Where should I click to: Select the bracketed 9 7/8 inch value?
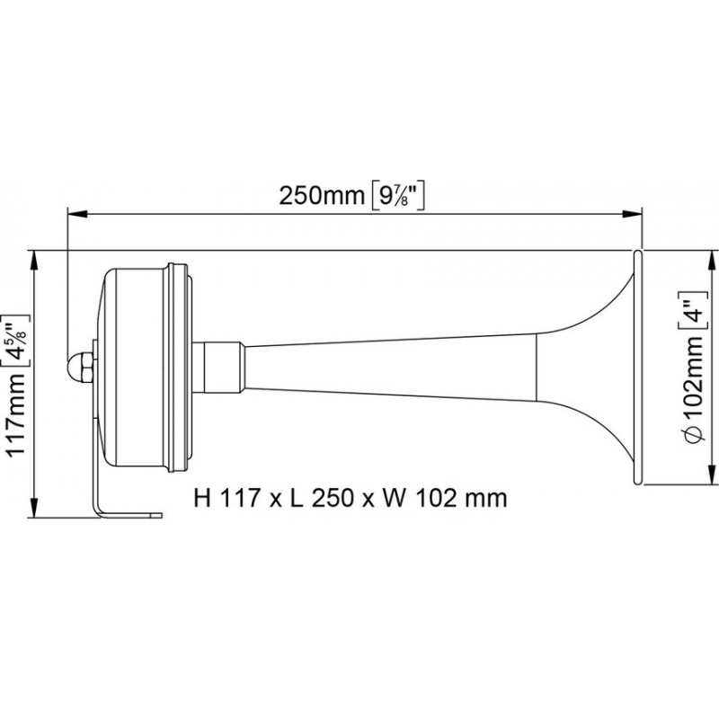click(x=396, y=195)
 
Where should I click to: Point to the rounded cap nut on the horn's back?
click(x=78, y=365)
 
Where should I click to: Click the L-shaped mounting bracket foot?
click(x=126, y=514)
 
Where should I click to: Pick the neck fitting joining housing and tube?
click(x=220, y=366)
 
